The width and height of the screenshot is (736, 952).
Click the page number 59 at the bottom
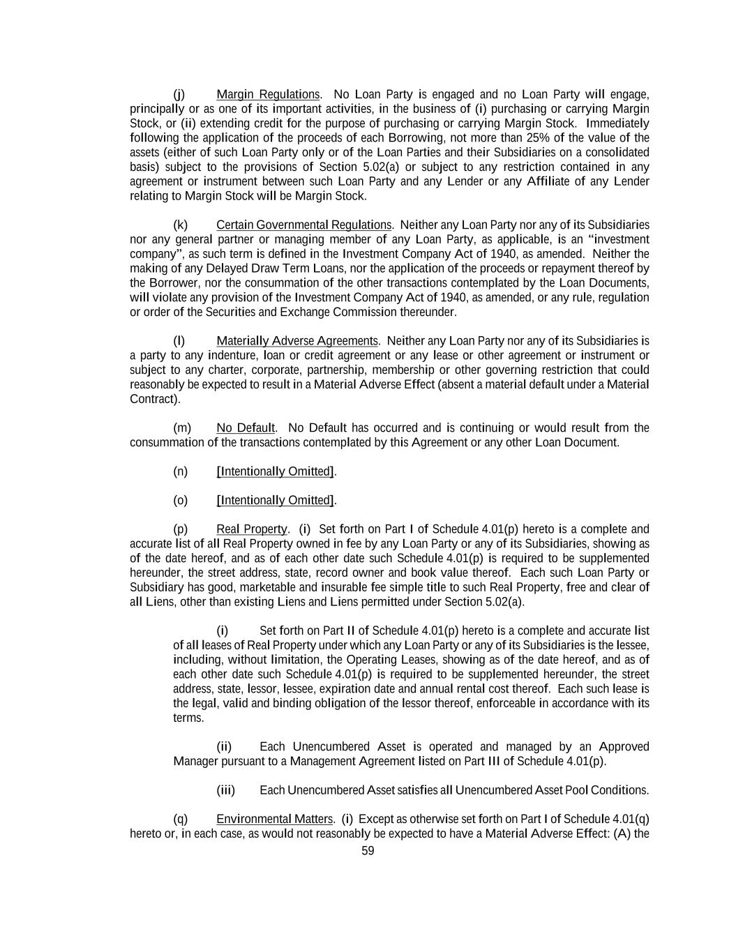click(x=368, y=851)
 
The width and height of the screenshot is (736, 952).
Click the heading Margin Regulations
click(x=268, y=94)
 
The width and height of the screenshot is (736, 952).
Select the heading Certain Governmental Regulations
click(x=303, y=225)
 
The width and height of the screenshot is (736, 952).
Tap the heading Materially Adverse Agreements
click(x=297, y=341)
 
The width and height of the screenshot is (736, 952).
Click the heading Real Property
click(x=251, y=529)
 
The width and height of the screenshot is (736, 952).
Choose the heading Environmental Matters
click(x=274, y=819)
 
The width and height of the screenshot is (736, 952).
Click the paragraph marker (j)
click(x=179, y=94)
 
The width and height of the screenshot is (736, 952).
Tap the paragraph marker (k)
click(x=180, y=225)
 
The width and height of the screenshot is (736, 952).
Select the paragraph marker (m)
click(x=181, y=428)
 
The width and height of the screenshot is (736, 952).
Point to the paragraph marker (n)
click(x=180, y=471)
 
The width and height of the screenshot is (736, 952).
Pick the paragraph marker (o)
click(x=180, y=500)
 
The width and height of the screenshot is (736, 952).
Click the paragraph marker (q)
click(x=180, y=819)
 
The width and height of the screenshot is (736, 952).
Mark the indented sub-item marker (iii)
click(x=225, y=790)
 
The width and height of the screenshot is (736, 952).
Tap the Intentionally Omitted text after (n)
click(x=276, y=471)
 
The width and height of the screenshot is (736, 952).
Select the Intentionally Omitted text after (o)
click(x=276, y=500)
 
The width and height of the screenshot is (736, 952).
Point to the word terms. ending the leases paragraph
click(x=188, y=718)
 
